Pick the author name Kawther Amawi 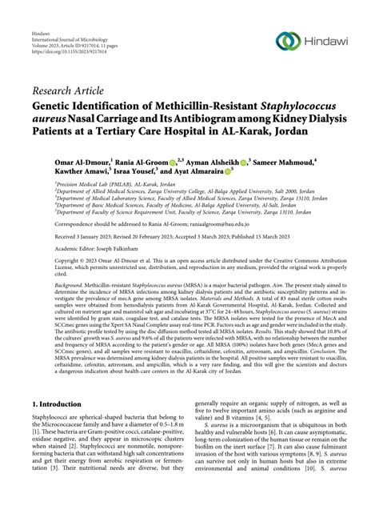pyautogui.click(x=61, y=171)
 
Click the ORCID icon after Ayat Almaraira pyautogui.click(x=229, y=171)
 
